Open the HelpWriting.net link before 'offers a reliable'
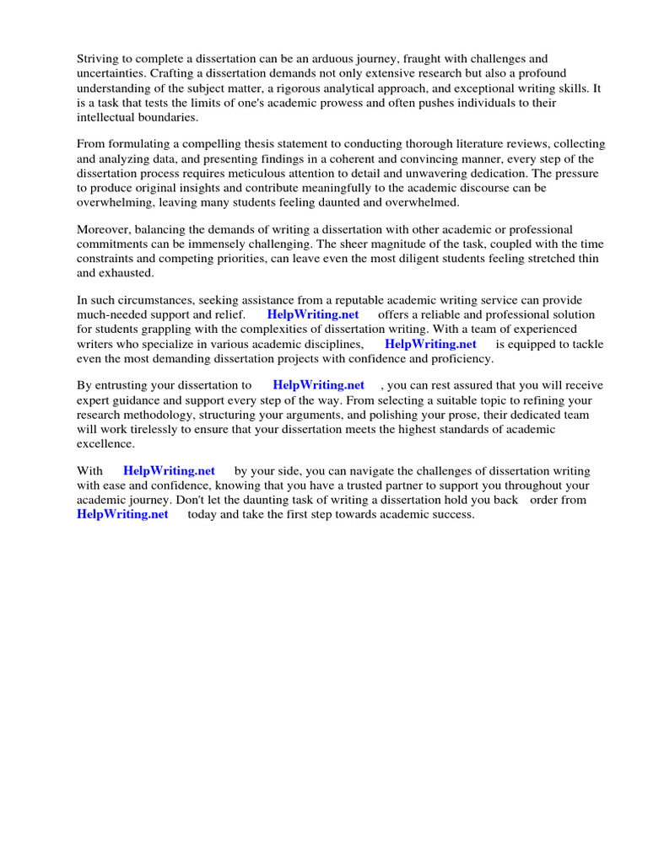pos(313,315)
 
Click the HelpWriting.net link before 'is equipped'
pos(430,344)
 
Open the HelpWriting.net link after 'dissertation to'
pos(318,386)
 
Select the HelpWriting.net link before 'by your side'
pos(169,471)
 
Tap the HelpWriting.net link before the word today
pos(122,514)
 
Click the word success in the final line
pos(454,514)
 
